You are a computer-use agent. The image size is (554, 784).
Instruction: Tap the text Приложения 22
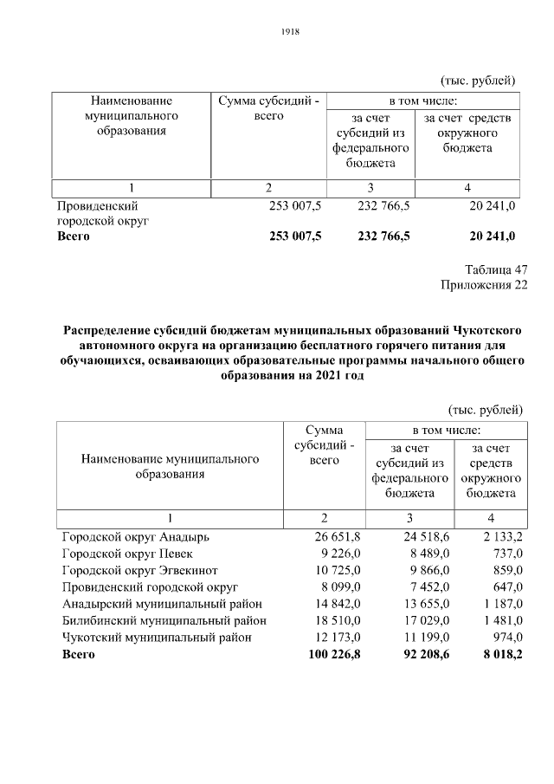tap(484, 286)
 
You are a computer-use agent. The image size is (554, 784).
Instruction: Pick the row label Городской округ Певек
tap(127, 554)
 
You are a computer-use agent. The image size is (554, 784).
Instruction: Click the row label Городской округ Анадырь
tap(135, 537)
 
